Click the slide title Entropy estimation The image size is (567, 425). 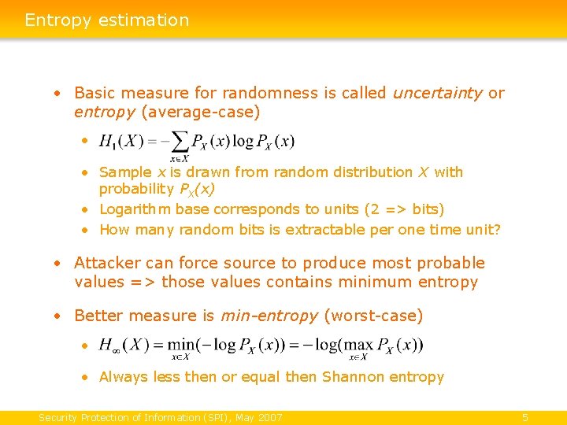click(107, 20)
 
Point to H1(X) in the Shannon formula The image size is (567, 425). click(121, 142)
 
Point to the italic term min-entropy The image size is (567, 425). click(269, 316)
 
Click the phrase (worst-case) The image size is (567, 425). click(372, 316)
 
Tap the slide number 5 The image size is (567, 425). click(525, 417)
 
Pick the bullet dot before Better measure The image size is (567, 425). click(57, 316)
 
